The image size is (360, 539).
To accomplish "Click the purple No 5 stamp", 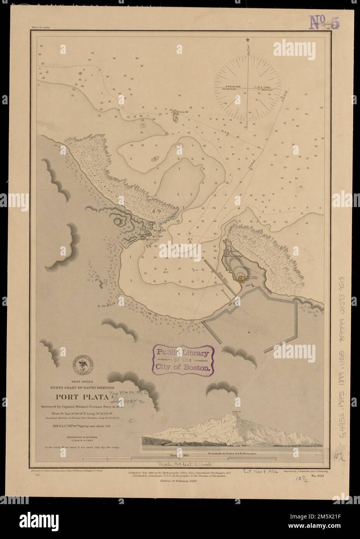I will pos(324,22).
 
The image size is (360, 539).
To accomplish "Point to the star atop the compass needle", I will pos(247,40).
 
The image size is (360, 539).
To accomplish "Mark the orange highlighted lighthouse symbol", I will pos(240,278).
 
